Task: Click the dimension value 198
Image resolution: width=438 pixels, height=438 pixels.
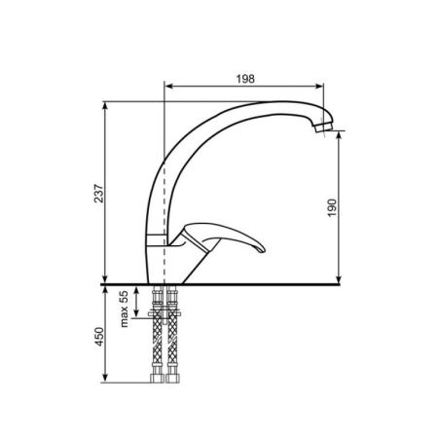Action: click(245, 79)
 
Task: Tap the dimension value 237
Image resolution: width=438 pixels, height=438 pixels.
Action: click(98, 194)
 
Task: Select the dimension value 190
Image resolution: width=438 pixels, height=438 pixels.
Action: click(332, 208)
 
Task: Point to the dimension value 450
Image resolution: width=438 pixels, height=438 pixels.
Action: click(98, 337)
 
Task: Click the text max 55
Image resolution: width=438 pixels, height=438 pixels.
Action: click(124, 309)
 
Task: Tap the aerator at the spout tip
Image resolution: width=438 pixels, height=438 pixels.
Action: click(323, 125)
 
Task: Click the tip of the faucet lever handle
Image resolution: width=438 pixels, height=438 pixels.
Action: click(263, 249)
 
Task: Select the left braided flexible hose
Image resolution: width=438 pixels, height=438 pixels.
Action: click(158, 334)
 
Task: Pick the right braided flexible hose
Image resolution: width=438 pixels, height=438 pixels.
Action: click(172, 334)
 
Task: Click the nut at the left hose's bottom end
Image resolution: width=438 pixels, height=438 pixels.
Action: click(158, 379)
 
